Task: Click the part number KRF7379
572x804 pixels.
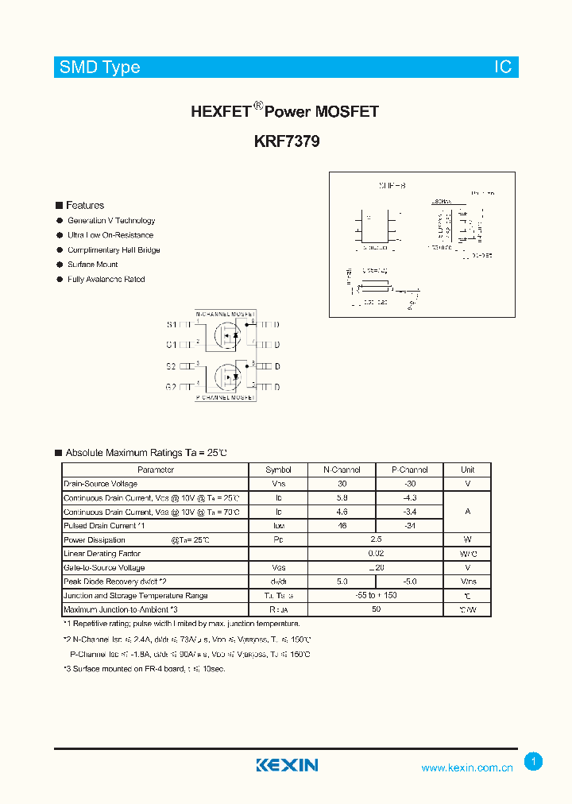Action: [x=286, y=142]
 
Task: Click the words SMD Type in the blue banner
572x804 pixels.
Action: [x=99, y=68]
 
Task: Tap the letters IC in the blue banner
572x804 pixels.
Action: [x=504, y=68]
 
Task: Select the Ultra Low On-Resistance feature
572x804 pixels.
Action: [x=110, y=235]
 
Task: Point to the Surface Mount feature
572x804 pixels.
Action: [x=92, y=265]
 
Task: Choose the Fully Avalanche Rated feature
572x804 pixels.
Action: [x=106, y=280]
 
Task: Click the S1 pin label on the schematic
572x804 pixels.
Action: [x=172, y=324]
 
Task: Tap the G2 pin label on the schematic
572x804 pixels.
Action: [x=172, y=386]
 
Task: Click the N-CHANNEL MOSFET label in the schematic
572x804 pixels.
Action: [x=226, y=314]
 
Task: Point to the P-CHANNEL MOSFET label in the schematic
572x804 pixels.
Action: [x=226, y=397]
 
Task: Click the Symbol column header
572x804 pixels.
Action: [x=278, y=470]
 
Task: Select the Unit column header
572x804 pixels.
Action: [x=467, y=470]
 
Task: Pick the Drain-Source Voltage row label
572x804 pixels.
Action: [x=100, y=484]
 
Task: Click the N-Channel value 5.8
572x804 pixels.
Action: [x=342, y=497]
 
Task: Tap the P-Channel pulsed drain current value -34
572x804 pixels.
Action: [x=409, y=526]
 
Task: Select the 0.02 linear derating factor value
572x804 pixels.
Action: [x=376, y=554]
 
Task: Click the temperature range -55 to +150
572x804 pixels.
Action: [x=376, y=596]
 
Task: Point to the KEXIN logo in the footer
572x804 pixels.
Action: [x=287, y=765]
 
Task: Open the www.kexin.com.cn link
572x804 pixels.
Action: [x=467, y=768]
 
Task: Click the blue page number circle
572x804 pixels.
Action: [x=534, y=762]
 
